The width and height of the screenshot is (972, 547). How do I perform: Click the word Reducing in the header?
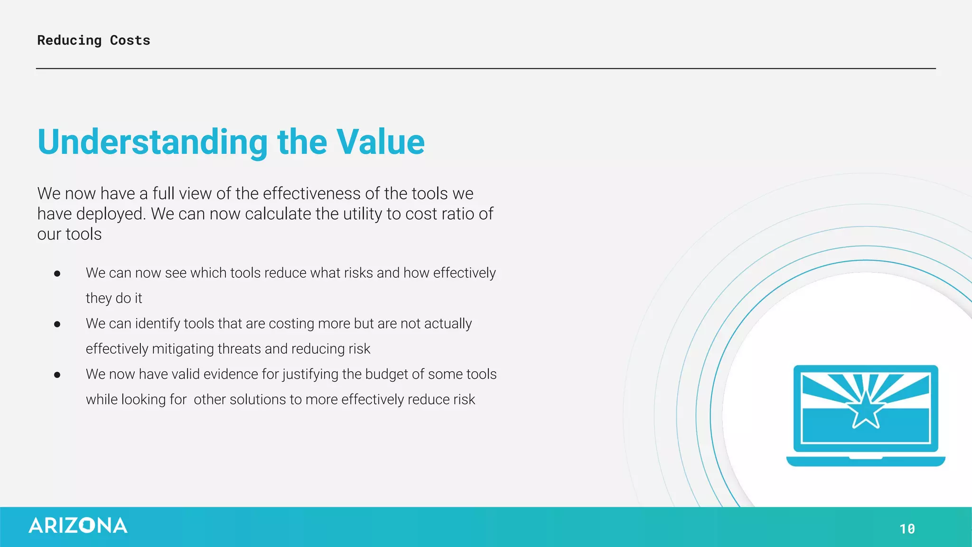pos(69,41)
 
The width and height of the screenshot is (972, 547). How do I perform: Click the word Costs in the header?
pos(130,40)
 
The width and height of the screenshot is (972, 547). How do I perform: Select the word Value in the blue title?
pos(381,142)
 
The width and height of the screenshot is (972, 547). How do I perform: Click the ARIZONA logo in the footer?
pos(78,526)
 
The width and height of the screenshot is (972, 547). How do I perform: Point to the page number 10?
pos(907,528)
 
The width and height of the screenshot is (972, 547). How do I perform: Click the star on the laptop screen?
pos(866,409)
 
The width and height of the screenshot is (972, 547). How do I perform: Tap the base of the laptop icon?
pos(866,461)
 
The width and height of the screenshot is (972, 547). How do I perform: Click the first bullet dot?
pos(57,273)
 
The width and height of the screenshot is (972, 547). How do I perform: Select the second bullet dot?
pos(57,324)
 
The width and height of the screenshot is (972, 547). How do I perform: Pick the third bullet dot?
pos(57,375)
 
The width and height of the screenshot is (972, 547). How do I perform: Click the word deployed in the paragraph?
pos(111,214)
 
